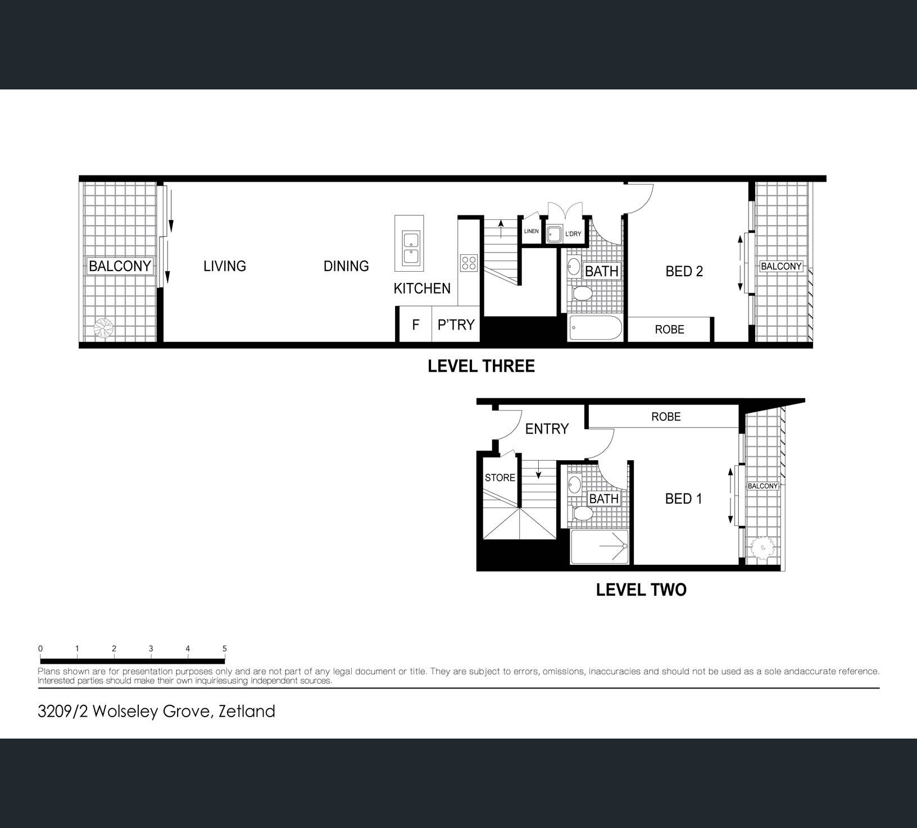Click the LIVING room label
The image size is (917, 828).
(225, 266)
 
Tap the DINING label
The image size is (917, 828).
(346, 266)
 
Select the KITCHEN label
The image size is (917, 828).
(422, 289)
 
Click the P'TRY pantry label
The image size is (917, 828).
(456, 325)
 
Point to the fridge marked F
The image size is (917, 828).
(416, 325)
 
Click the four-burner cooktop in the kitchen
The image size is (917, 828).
(469, 263)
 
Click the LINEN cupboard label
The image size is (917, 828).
(531, 231)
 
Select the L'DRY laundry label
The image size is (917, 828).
(573, 233)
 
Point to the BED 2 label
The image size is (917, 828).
(684, 271)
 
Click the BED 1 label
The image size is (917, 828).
(683, 499)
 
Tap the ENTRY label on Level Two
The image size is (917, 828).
(547, 429)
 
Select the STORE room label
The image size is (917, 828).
(500, 478)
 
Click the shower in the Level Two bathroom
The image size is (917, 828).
(599, 547)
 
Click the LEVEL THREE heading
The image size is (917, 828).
(481, 366)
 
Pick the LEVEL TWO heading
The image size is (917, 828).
(641, 590)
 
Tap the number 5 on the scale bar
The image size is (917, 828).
(225, 649)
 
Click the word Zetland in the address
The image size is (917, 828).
(247, 712)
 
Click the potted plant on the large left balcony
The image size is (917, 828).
(104, 328)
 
